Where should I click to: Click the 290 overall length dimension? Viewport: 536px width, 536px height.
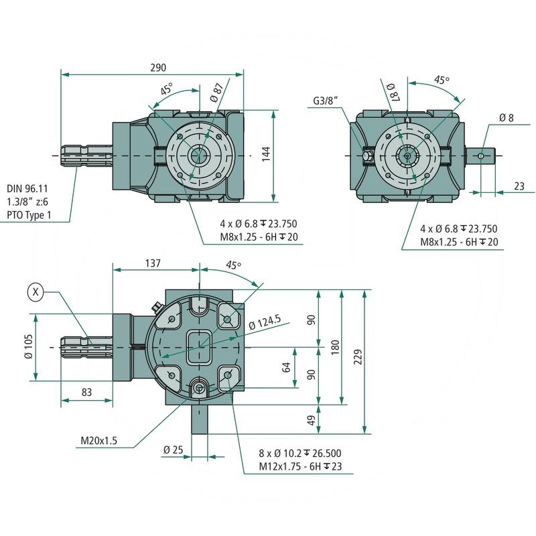click(x=158, y=68)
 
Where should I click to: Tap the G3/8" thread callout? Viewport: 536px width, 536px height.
click(x=326, y=101)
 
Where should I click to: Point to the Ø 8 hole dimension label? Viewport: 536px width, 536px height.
click(x=506, y=118)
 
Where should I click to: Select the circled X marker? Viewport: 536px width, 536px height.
click(x=36, y=291)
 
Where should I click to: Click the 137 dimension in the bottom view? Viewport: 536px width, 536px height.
click(x=152, y=263)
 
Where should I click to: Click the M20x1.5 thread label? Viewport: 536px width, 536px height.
click(x=98, y=440)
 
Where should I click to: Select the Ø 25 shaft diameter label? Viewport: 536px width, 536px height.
click(x=173, y=449)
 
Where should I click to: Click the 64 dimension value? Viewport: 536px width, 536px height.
click(x=287, y=367)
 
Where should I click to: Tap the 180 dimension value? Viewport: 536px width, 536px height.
click(x=335, y=347)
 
